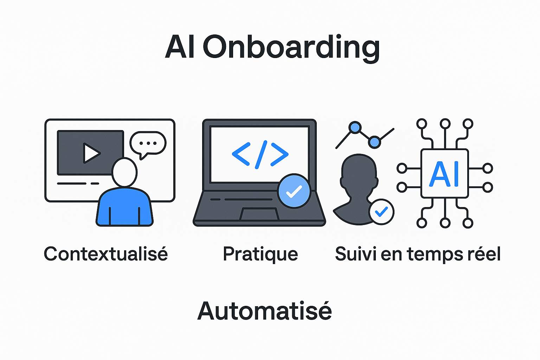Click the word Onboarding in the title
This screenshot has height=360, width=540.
point(291,47)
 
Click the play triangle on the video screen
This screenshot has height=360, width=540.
point(91,153)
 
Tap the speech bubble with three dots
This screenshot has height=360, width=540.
point(148,144)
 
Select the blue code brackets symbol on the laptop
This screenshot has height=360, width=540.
point(260,154)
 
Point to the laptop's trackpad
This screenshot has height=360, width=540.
point(259,214)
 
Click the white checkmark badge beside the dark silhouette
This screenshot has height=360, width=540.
point(381,212)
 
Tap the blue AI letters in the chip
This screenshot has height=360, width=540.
point(444,174)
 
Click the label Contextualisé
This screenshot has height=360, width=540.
point(106,254)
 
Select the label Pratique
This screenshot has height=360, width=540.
point(260,254)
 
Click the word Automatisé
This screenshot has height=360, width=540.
point(264,311)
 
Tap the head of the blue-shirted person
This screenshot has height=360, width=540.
point(124,172)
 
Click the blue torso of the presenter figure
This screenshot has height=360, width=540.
point(124,207)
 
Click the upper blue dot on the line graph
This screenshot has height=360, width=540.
point(355,127)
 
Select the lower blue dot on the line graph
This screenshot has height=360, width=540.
point(375,142)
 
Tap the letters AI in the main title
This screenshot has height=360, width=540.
point(180,47)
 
